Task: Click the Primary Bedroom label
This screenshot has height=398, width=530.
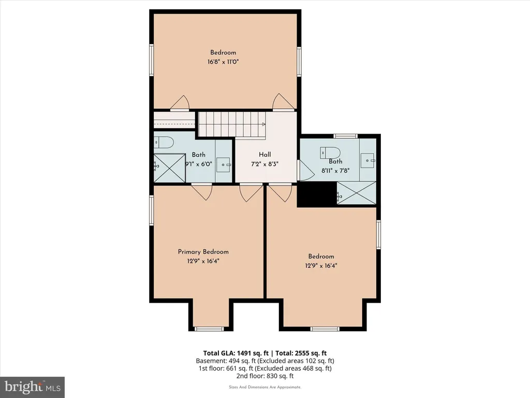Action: point(203,252)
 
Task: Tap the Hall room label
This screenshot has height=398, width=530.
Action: point(264,154)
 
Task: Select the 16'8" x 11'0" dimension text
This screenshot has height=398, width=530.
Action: point(223,62)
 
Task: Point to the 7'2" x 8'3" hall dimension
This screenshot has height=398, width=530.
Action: point(264,164)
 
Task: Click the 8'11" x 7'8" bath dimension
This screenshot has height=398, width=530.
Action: point(335,171)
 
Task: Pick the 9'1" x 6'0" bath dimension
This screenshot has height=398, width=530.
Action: point(199,164)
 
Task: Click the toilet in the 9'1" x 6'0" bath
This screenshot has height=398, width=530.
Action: point(164,142)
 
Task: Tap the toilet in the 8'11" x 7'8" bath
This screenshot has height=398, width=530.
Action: point(330,152)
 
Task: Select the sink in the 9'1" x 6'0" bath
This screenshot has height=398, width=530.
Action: point(223,165)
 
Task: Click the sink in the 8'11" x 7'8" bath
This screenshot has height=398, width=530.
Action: point(367,160)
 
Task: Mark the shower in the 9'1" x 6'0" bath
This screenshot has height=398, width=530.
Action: point(170,168)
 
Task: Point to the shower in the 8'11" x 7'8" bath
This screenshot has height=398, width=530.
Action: point(357,193)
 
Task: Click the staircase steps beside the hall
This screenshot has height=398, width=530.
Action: point(232,124)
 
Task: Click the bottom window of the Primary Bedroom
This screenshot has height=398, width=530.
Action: point(209,329)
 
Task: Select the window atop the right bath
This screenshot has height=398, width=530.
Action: point(345,136)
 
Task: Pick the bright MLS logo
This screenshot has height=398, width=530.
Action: point(33,387)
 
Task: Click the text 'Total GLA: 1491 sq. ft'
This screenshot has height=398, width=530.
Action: point(235,353)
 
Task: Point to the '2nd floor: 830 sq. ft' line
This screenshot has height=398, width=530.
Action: point(265,376)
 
